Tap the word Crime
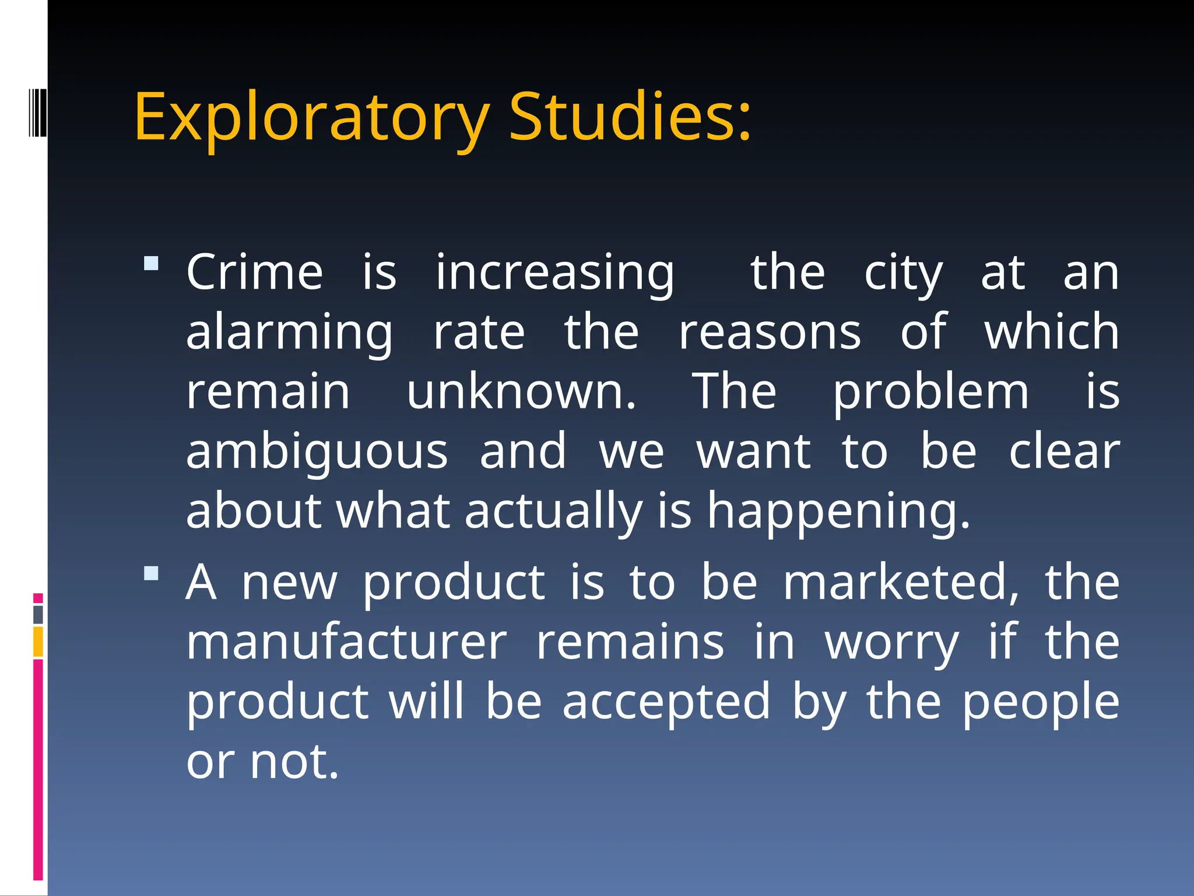pos(254,272)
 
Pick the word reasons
pos(770,332)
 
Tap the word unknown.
pos(521,392)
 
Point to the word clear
pos(1064,452)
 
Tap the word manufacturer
pos(347,642)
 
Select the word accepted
pos(666,703)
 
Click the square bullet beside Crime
pos(152,264)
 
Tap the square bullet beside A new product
pos(152,573)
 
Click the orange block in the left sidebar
pos(38,642)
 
